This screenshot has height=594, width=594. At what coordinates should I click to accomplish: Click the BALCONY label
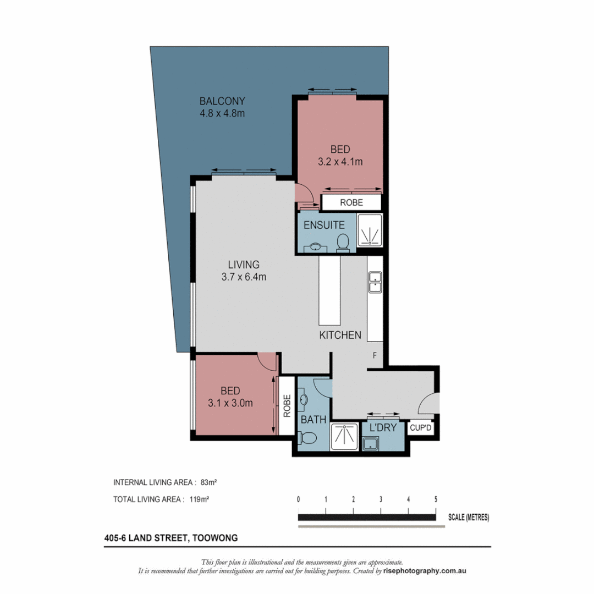click(x=222, y=101)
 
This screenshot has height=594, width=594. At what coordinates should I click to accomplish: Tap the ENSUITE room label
click(x=324, y=225)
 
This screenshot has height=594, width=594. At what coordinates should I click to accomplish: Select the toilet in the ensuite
click(x=343, y=242)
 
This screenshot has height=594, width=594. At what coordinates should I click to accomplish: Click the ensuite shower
click(x=369, y=230)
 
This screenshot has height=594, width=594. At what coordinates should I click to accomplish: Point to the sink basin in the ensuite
click(x=316, y=247)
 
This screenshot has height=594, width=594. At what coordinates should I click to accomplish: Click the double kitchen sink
click(x=375, y=280)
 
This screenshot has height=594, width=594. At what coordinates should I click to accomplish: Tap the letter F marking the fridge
click(x=375, y=355)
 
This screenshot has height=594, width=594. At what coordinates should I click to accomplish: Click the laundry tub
click(x=370, y=443)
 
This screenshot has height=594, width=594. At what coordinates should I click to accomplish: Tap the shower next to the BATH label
click(x=344, y=437)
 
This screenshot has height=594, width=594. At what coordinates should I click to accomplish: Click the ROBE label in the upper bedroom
click(x=351, y=202)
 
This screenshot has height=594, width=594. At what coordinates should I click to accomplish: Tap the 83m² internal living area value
click(x=208, y=482)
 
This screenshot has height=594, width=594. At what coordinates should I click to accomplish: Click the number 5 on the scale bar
click(x=436, y=499)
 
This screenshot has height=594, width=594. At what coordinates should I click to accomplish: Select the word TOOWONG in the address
click(x=213, y=538)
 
